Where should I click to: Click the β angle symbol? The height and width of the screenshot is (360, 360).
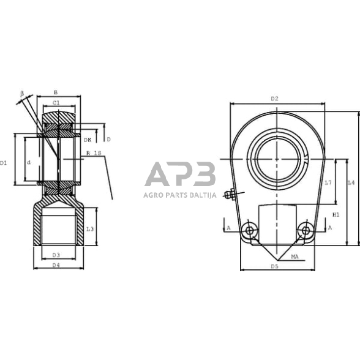pos(22,93)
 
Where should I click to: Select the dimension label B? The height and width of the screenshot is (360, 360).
pos(56,92)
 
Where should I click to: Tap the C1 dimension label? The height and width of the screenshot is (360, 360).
pos(56,102)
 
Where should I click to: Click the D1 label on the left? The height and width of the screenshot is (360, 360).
pos(4,163)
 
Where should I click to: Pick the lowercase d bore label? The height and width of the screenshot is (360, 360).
pos(28,162)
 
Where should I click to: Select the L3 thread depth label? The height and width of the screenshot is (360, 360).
pos(89,228)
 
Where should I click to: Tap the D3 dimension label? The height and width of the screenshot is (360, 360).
pos(56,255)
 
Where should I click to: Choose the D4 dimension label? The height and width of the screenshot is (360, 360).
pos(56,264)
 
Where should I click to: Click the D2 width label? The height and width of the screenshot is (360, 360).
pos(274,99)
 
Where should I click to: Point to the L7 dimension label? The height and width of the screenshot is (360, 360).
pos(328,182)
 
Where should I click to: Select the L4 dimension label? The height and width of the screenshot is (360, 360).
pos(350,182)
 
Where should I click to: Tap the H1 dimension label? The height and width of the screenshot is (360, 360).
pos(336,215)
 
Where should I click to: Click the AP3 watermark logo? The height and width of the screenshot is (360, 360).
pos(180,175)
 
